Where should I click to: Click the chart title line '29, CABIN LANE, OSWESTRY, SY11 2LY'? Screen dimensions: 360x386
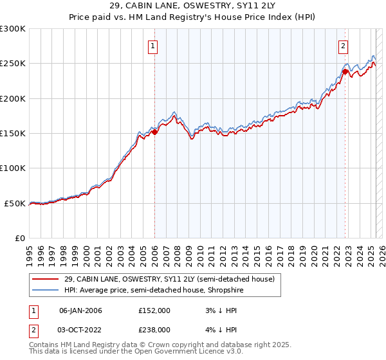point(193,6)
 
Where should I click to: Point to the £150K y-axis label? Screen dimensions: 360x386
point(13,134)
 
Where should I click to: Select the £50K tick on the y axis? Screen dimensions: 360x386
point(15,203)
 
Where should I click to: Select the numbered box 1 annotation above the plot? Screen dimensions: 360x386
point(154,46)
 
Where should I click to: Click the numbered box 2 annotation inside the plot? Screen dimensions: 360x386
point(344,46)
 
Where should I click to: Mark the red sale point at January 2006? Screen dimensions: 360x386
point(154,132)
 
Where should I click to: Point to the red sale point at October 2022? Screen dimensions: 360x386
point(345,72)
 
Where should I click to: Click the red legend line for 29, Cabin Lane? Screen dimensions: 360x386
point(46,279)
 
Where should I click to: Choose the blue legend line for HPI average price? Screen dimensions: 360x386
point(46,290)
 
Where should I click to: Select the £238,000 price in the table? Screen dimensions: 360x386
point(154,329)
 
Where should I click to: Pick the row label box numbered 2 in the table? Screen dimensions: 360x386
point(33,329)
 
